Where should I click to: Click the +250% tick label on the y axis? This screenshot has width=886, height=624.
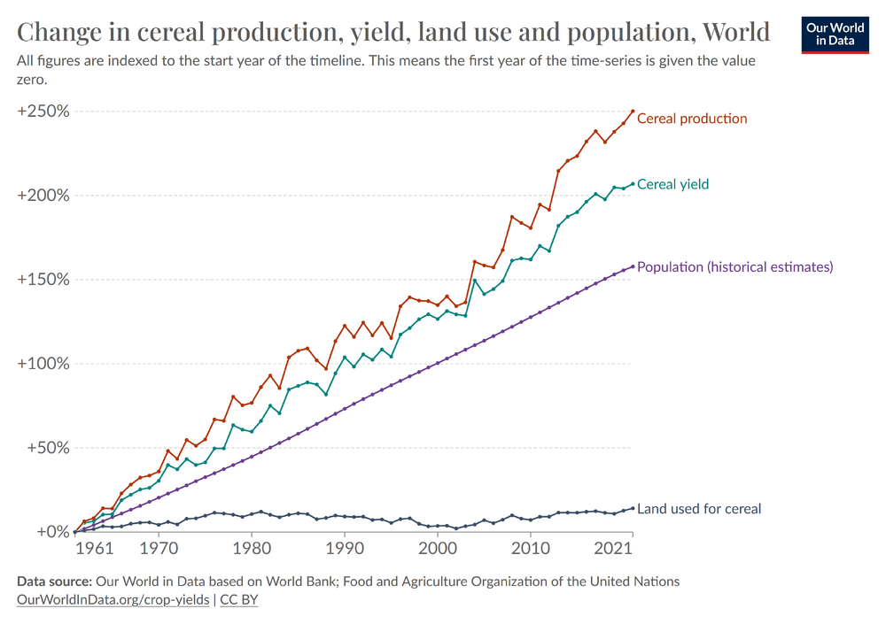(x=43, y=112)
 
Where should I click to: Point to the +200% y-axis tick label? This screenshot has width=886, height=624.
(x=43, y=196)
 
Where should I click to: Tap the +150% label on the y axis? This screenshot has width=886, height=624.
(x=43, y=280)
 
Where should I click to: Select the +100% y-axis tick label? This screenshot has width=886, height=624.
(x=43, y=364)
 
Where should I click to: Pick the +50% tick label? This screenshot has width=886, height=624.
(x=47, y=448)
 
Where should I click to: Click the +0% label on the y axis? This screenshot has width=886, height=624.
(x=51, y=532)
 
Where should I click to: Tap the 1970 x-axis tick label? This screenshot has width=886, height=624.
(x=159, y=550)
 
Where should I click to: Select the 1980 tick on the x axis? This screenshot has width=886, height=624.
(x=252, y=550)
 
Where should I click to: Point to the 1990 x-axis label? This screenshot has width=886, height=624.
(x=345, y=550)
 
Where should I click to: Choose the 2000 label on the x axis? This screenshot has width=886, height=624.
(x=438, y=550)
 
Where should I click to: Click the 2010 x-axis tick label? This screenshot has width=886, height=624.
(x=531, y=550)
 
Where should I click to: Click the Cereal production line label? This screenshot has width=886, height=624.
(x=692, y=119)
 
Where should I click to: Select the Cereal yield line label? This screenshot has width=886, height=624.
(x=672, y=184)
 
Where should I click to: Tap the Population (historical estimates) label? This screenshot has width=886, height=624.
(x=734, y=266)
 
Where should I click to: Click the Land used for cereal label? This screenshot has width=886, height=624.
(x=699, y=509)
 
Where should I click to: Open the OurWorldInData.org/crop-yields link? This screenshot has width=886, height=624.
(x=113, y=599)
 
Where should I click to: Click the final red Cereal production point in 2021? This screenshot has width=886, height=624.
(x=633, y=112)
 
